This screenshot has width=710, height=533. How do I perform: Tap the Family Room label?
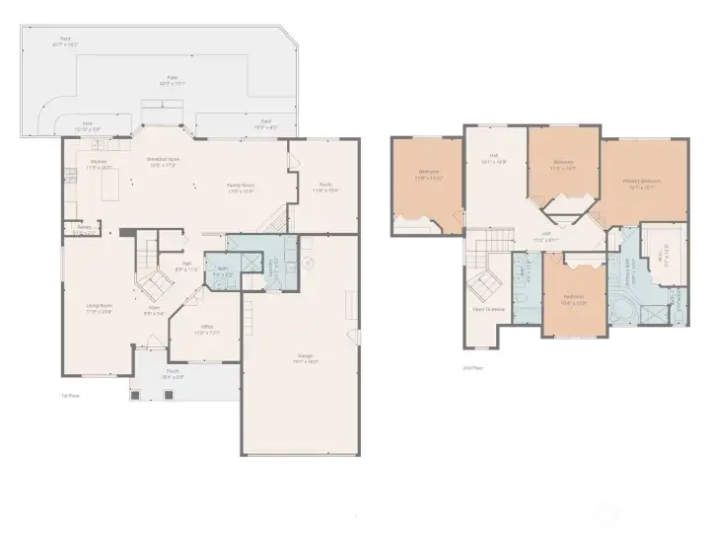pos(242,188)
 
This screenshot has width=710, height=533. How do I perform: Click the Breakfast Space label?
pos(163,161)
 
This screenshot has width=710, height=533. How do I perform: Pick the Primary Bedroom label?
pos(642,184)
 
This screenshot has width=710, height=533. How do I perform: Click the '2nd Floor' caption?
pos(472,367)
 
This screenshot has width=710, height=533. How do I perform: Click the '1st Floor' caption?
pos(69,396)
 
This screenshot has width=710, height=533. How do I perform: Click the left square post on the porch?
pos(136,394)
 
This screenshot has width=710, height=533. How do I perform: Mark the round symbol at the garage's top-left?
pos(308,263)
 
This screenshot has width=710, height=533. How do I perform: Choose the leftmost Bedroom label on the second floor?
pos(429,175)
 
